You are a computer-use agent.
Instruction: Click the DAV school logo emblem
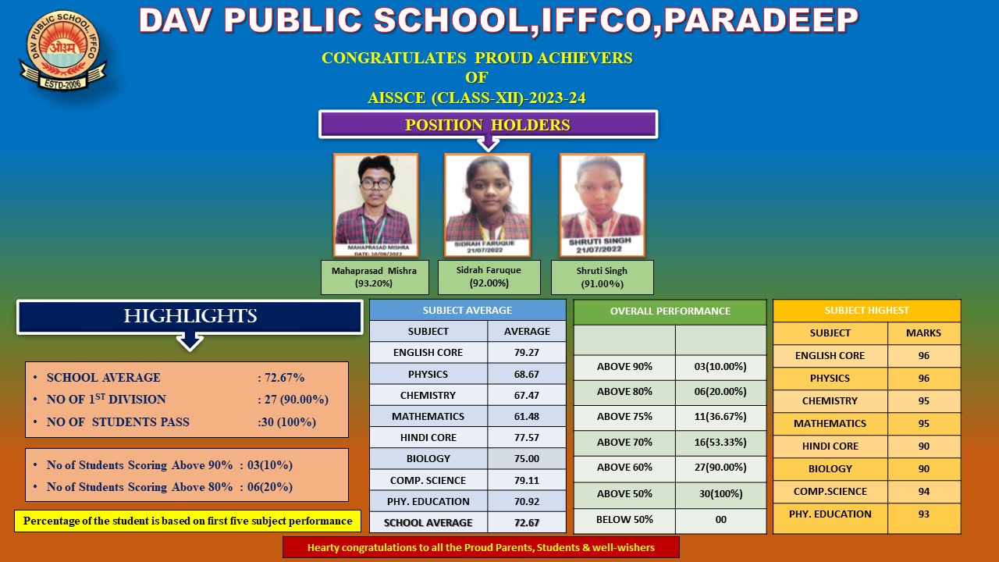click(x=62, y=52)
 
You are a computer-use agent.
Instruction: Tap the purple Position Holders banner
click(x=488, y=125)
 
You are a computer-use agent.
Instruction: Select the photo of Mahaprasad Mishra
click(x=375, y=205)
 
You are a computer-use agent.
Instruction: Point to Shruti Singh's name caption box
click(x=602, y=277)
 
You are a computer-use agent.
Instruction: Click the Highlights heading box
click(x=190, y=317)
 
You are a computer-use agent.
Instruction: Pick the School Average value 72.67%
click(x=281, y=378)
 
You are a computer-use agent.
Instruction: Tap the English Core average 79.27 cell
click(x=527, y=353)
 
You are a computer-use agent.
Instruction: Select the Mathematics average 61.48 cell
click(x=527, y=416)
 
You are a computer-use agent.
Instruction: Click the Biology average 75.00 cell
click(x=527, y=459)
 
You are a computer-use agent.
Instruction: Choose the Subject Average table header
click(x=467, y=310)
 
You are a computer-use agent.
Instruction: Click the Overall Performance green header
click(x=670, y=311)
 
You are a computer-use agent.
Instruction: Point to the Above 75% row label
click(x=624, y=417)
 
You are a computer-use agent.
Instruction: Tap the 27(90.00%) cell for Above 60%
click(x=720, y=468)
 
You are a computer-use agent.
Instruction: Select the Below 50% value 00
click(x=720, y=520)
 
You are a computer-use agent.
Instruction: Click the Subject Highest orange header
click(x=866, y=311)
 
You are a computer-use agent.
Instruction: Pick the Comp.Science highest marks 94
click(x=923, y=492)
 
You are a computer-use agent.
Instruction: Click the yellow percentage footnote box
click(x=187, y=521)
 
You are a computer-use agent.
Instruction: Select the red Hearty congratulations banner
click(x=481, y=547)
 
